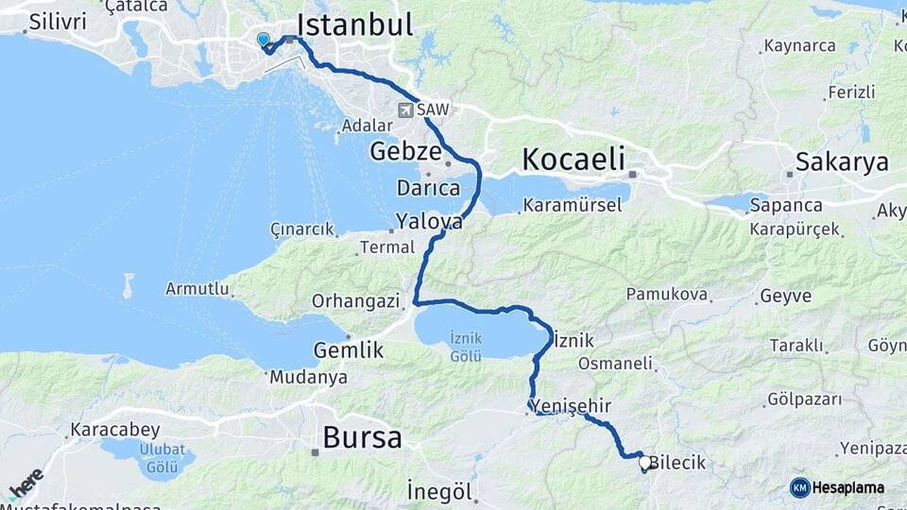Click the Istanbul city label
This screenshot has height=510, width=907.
click(x=355, y=25)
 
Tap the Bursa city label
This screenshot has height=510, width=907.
click(x=362, y=437)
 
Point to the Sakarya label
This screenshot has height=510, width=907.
click(x=842, y=161)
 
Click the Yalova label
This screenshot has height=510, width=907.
click(x=429, y=222)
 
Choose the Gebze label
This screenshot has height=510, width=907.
click(x=405, y=151)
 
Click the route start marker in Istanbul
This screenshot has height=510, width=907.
click(x=263, y=40)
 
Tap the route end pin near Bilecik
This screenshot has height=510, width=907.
click(x=645, y=463)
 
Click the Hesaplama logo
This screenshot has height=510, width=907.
click(x=837, y=487)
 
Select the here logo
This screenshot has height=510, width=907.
click(x=26, y=484)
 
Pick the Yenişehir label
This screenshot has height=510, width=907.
click(x=573, y=406)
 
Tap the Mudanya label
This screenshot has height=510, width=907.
click(x=308, y=377)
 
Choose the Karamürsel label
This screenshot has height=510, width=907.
click(x=573, y=204)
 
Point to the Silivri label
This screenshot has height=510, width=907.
click(x=58, y=21)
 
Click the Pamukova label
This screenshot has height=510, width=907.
click(x=666, y=295)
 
